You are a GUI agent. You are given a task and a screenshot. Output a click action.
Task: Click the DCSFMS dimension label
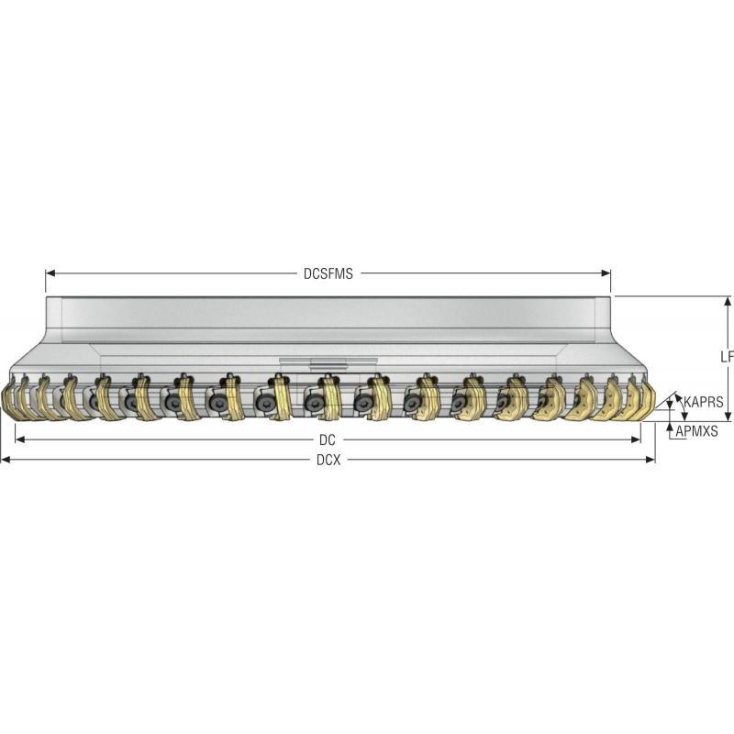(328, 273)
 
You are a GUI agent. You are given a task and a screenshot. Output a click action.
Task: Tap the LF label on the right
(727, 356)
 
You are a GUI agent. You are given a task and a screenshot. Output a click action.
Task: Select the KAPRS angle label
(704, 402)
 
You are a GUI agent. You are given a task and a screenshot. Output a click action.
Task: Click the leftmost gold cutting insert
(12, 402)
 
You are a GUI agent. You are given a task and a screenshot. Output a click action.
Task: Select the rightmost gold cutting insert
(645, 401)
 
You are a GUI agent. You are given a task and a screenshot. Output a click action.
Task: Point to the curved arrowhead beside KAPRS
(679, 395)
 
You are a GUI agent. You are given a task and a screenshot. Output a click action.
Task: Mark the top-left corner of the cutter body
(46, 297)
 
